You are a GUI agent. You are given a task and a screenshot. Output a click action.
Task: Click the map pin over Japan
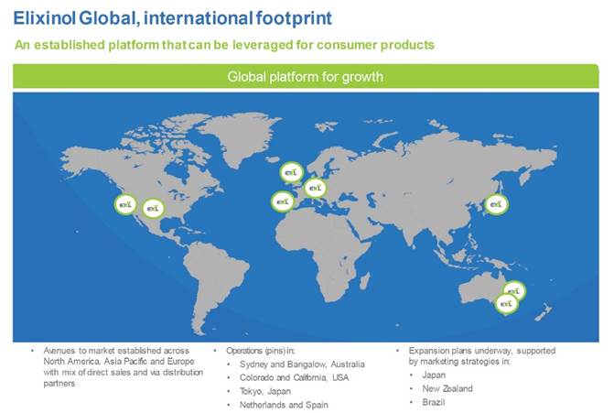497,204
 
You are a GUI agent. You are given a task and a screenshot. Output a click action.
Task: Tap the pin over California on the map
125,204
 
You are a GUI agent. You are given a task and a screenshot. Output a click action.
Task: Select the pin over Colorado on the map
153,209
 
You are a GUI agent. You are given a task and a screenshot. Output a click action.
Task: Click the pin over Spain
283,201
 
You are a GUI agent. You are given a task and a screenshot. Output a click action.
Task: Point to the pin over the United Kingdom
291,172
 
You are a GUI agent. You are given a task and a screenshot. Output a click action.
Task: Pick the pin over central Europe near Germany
315,188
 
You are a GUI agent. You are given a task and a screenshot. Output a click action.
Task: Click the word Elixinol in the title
44,18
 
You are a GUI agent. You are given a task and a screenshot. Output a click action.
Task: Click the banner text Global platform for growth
305,76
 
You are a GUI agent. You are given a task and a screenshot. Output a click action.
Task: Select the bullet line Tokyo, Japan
265,391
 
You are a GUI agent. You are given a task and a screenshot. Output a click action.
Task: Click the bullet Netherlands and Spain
284,405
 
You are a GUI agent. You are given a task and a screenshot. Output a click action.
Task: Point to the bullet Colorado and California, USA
294,377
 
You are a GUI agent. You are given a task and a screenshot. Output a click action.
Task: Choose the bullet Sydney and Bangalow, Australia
302,364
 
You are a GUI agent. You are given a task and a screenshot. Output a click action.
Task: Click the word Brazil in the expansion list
434,402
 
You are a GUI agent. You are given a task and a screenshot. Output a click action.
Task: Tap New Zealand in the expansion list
447,388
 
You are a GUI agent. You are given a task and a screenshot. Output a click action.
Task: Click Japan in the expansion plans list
434,375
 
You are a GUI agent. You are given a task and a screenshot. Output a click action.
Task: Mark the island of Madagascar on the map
364,280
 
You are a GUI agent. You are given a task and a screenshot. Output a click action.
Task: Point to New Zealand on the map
543,312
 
